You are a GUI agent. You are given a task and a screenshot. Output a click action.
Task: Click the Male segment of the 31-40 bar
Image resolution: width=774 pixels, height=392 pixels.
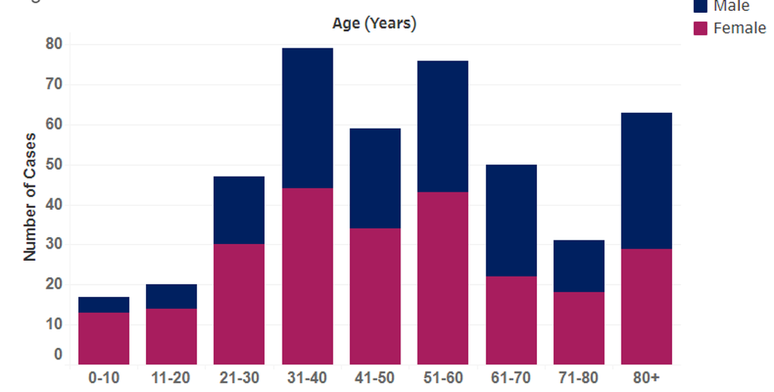click(x=308, y=118)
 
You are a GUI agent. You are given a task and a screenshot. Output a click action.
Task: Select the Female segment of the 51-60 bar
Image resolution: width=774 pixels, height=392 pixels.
click(x=443, y=279)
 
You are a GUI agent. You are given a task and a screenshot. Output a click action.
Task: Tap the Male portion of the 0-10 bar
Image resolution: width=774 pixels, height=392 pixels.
click(x=104, y=305)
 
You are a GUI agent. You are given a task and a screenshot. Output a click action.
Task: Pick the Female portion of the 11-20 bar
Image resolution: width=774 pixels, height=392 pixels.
click(x=171, y=336)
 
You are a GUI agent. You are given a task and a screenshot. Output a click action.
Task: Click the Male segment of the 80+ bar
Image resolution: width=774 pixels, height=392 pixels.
click(x=646, y=181)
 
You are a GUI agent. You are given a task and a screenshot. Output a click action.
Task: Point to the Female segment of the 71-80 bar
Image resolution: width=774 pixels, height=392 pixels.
click(x=578, y=328)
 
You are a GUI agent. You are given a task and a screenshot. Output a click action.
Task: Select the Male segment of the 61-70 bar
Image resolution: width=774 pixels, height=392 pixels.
click(x=511, y=220)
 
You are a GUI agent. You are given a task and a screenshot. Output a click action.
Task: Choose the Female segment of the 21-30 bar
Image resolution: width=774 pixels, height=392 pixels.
click(x=239, y=304)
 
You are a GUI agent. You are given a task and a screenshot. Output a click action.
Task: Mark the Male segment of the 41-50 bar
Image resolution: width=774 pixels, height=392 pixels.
click(x=375, y=178)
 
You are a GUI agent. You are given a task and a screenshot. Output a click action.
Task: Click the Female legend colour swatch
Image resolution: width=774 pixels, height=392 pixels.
click(x=701, y=29)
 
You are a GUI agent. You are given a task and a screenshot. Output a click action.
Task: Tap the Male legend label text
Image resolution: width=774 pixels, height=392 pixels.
click(x=731, y=7)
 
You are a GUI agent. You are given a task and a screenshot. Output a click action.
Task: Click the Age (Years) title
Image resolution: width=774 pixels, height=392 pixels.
click(x=374, y=23)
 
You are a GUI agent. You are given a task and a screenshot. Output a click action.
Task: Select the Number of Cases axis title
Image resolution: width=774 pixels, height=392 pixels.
click(x=30, y=197)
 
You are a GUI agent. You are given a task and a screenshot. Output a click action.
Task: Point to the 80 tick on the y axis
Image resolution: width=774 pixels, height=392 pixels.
click(x=54, y=44)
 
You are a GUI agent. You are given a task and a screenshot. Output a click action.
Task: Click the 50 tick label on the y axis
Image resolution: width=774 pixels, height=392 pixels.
click(x=54, y=164)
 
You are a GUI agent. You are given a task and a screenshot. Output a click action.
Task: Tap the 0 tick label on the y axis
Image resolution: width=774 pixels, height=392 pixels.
click(x=58, y=355)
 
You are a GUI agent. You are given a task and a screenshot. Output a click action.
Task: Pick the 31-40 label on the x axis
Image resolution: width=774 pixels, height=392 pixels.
click(x=308, y=378)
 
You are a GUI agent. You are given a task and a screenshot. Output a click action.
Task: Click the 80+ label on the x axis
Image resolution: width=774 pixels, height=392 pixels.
click(x=646, y=378)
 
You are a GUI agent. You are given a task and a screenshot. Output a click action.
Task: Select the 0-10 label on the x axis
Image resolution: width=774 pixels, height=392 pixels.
click(x=104, y=378)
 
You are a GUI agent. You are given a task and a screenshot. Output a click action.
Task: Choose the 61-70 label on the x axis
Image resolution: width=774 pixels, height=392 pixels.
click(x=511, y=378)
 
